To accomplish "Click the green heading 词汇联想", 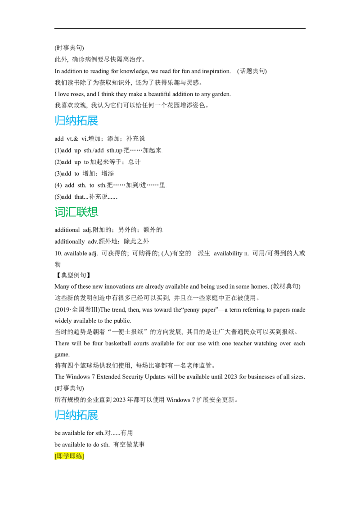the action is tap(76, 212).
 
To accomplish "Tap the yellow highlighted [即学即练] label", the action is tap(69, 456).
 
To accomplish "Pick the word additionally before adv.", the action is tap(70, 241).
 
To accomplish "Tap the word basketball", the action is tap(118, 343).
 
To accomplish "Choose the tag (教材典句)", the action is tap(285, 286).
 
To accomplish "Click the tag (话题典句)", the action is tap(252, 71).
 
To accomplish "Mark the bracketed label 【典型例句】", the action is tap(72, 275).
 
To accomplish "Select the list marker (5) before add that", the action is tap(58, 196).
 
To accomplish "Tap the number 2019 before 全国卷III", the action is tap(63, 310).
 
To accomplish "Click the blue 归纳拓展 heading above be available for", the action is tap(76, 415).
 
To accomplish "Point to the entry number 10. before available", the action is tap(58, 253).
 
